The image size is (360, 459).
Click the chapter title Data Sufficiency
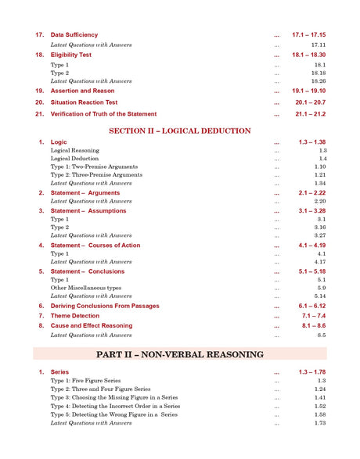pyautogui.click(x=74, y=35)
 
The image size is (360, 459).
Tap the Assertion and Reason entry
pyautogui.click(x=82, y=91)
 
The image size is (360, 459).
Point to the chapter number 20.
pyautogui.click(x=40, y=102)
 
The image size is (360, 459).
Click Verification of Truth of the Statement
pyautogui.click(x=103, y=114)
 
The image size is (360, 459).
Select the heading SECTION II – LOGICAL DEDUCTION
pyautogui.click(x=180, y=131)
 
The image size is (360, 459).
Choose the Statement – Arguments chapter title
pyautogui.click(x=85, y=192)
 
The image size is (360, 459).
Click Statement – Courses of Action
pyautogui.click(x=95, y=246)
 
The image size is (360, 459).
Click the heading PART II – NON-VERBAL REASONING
pyautogui.click(x=180, y=354)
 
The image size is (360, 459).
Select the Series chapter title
pyautogui.click(x=59, y=371)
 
